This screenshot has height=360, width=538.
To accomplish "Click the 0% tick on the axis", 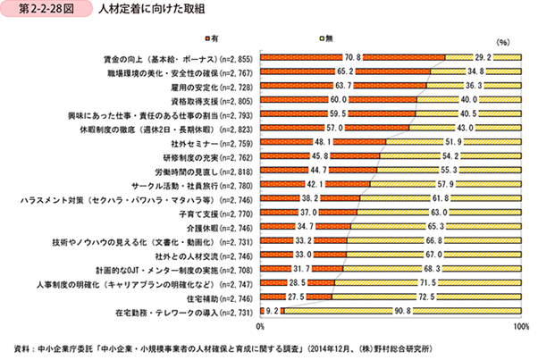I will [x=261, y=329].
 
